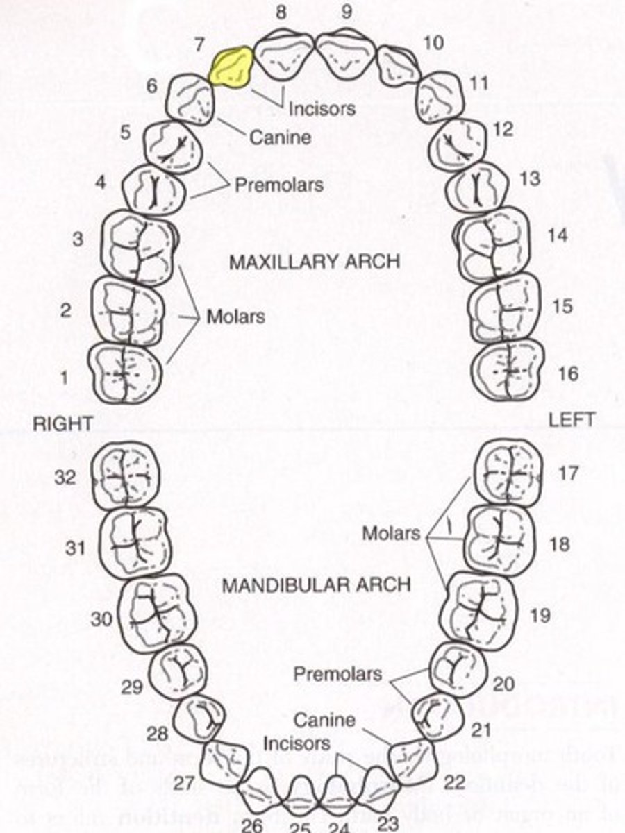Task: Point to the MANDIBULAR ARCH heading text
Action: [316, 584]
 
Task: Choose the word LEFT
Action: [571, 420]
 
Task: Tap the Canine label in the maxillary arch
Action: [280, 137]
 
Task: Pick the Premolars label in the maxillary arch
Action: [278, 185]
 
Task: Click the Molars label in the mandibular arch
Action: [391, 533]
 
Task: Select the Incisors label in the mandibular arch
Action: [297, 743]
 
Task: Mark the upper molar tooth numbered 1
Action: [125, 373]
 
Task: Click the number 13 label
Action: [529, 178]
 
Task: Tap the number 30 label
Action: [101, 619]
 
